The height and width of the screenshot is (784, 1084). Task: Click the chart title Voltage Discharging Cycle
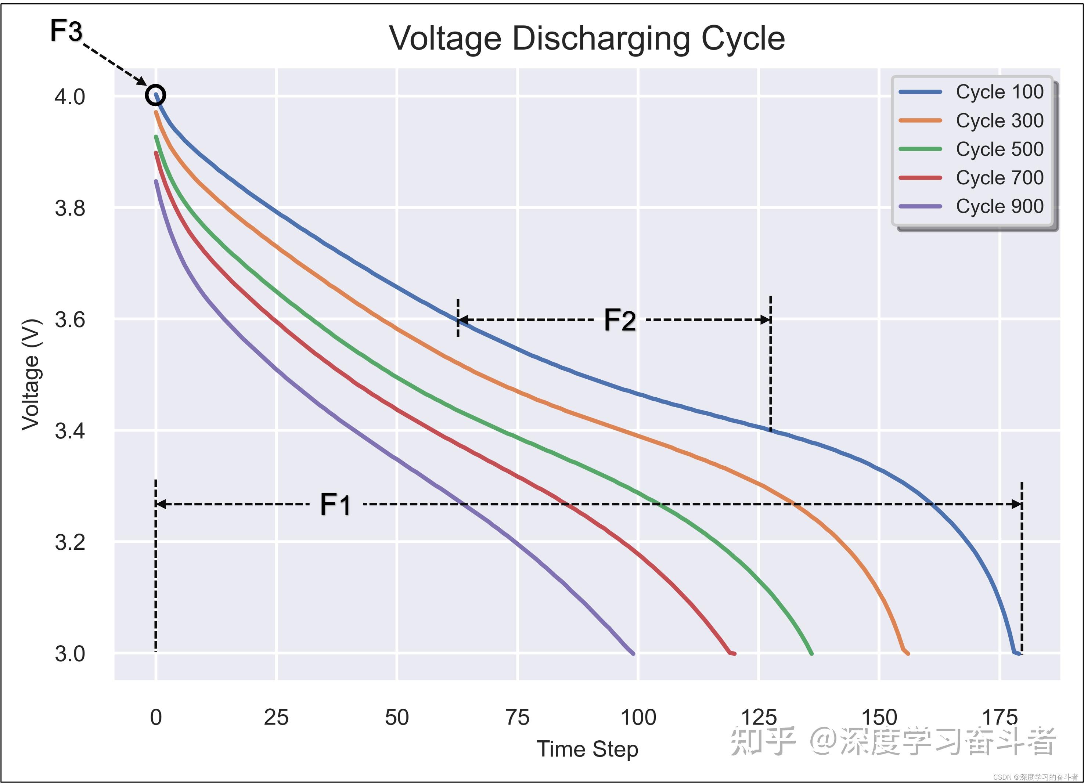(587, 38)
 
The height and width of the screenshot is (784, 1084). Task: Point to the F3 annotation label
(66, 31)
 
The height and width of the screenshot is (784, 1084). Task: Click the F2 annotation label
(620, 320)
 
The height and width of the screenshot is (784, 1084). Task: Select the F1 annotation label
(335, 505)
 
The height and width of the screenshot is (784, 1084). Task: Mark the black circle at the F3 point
(155, 95)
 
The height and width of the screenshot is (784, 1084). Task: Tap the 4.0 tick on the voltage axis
(70, 97)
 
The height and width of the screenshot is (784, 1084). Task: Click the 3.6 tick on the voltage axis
(70, 319)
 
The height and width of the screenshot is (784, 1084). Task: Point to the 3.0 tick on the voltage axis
(70, 654)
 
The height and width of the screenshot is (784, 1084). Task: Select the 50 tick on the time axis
(397, 718)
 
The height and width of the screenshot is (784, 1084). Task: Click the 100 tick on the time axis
(638, 718)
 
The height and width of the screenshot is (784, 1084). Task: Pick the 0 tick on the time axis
(156, 718)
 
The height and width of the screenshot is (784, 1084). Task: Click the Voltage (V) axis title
(31, 375)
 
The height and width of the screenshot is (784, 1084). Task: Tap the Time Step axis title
(587, 749)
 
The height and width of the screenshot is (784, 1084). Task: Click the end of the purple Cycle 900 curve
(633, 653)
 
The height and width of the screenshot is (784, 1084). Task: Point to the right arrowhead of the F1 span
(1017, 504)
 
